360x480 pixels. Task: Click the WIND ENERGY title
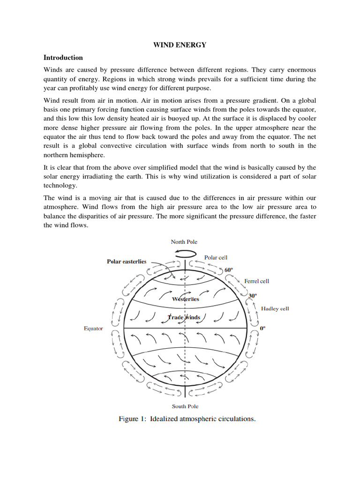(180, 45)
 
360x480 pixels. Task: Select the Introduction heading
(63, 58)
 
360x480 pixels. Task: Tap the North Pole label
(184, 242)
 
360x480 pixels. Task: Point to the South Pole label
(185, 406)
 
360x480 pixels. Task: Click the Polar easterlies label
(127, 262)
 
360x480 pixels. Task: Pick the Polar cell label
(216, 257)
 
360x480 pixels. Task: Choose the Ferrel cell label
(256, 281)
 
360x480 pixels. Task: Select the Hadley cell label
(275, 308)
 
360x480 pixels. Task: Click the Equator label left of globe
(93, 329)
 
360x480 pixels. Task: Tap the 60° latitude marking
(228, 270)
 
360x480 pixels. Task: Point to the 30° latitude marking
(253, 296)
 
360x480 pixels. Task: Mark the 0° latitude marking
(262, 329)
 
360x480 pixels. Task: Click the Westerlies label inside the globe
(185, 299)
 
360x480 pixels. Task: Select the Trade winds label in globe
(184, 317)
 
